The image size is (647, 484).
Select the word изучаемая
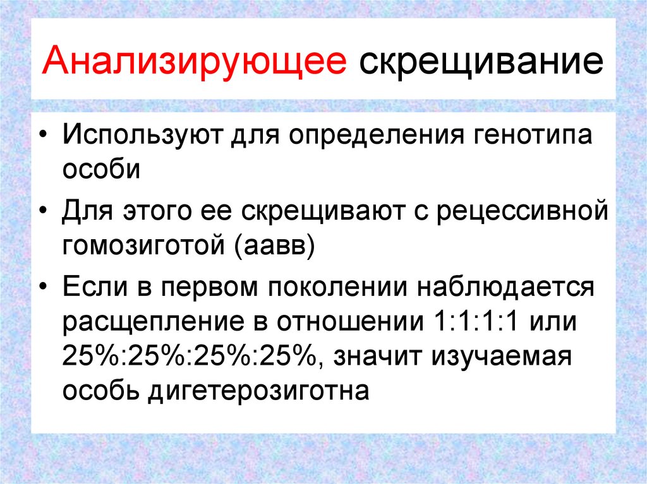[502, 357]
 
